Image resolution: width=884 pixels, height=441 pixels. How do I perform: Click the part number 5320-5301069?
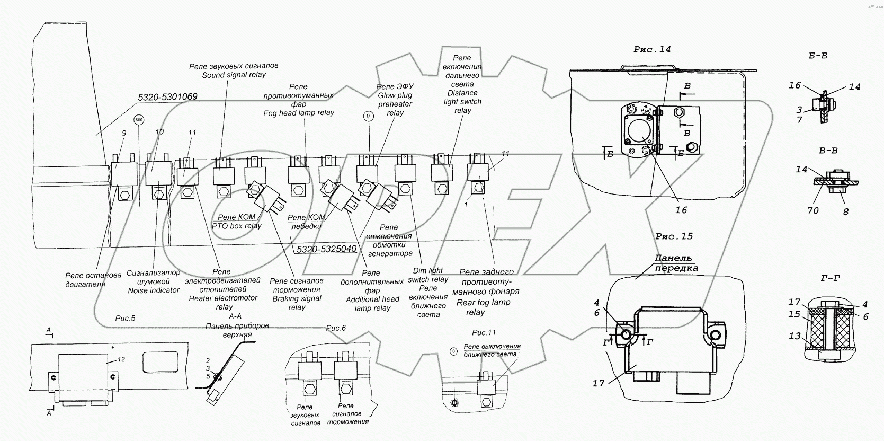click(167, 97)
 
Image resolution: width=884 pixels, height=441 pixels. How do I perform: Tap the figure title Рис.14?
click(652, 49)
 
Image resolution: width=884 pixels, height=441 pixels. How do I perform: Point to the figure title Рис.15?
click(674, 236)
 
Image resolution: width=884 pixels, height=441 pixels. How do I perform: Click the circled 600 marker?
click(139, 120)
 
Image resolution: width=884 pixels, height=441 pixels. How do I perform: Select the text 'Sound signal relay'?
click(234, 75)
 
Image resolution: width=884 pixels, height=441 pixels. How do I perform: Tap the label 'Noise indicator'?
click(154, 290)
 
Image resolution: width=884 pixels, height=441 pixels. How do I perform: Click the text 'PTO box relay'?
click(237, 226)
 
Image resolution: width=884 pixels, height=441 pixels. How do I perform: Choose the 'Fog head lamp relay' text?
click(299, 113)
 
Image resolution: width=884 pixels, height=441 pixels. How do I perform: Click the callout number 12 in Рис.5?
click(121, 359)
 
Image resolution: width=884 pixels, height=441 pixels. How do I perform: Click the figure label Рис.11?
click(484, 332)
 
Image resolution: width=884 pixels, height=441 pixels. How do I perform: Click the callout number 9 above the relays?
click(124, 134)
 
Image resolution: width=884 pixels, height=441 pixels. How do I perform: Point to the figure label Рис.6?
click(335, 328)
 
